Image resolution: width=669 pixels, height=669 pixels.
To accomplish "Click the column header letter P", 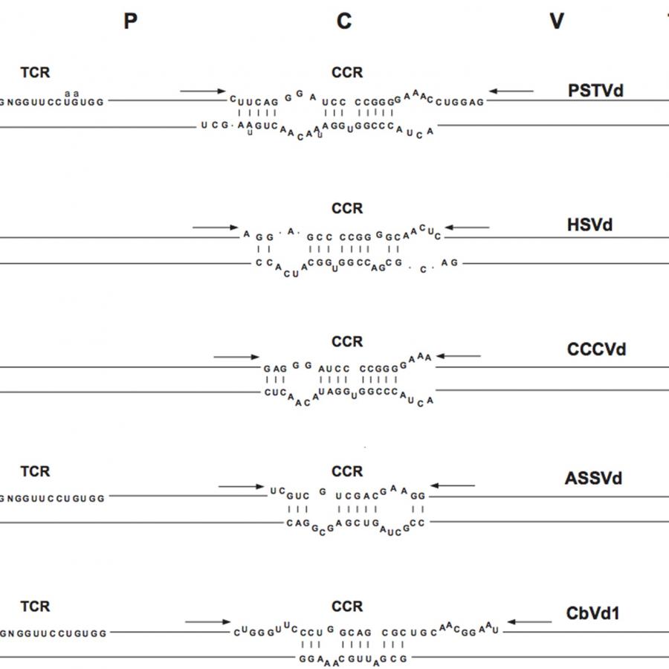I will (131, 22).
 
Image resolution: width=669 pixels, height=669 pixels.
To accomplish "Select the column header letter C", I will (343, 22).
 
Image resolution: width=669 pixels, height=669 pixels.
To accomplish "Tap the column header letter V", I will (557, 22).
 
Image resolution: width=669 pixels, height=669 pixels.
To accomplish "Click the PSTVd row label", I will (595, 91).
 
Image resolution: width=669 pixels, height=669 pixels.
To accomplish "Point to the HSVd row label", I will (589, 224).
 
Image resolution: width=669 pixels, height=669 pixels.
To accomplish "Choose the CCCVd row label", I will (596, 349).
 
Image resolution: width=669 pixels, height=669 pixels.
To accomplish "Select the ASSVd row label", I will (592, 478).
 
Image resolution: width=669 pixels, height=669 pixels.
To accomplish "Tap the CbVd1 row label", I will (592, 613).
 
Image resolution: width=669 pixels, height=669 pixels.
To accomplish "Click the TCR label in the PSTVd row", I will (35, 72).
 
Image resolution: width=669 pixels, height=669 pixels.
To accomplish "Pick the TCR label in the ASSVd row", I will (35, 471).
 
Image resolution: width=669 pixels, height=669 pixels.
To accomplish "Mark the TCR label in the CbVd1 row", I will (35, 607).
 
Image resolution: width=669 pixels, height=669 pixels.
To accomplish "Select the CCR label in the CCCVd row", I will (347, 342).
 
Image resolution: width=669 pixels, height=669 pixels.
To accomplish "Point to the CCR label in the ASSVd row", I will (347, 471).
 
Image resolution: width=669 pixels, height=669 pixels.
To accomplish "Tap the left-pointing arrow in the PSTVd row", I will (511, 91).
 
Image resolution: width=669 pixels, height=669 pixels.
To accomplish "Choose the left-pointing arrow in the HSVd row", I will (468, 227).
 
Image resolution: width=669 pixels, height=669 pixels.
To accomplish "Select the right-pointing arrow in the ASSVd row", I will (242, 486).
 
